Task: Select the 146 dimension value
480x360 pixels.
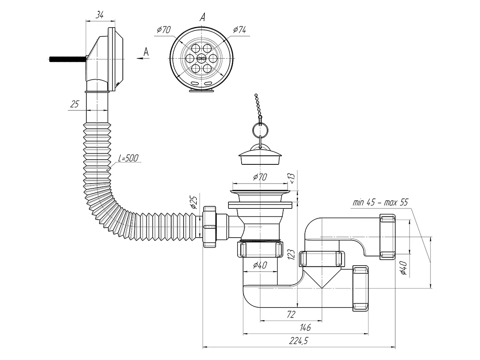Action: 306,328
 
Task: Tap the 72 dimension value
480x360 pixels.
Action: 291,314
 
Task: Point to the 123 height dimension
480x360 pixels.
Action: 291,254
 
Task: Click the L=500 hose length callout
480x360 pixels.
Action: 128,158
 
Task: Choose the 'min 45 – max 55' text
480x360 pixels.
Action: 380,202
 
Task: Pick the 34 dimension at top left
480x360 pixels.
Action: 100,15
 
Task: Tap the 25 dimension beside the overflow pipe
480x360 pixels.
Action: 74,104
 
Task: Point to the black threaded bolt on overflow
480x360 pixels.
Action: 67,60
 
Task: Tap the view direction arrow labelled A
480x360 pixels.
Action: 142,58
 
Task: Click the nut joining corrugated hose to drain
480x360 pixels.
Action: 210,227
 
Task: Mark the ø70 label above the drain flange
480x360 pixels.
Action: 260,177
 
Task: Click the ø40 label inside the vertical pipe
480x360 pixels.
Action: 260,265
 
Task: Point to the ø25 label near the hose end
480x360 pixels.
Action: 193,202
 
